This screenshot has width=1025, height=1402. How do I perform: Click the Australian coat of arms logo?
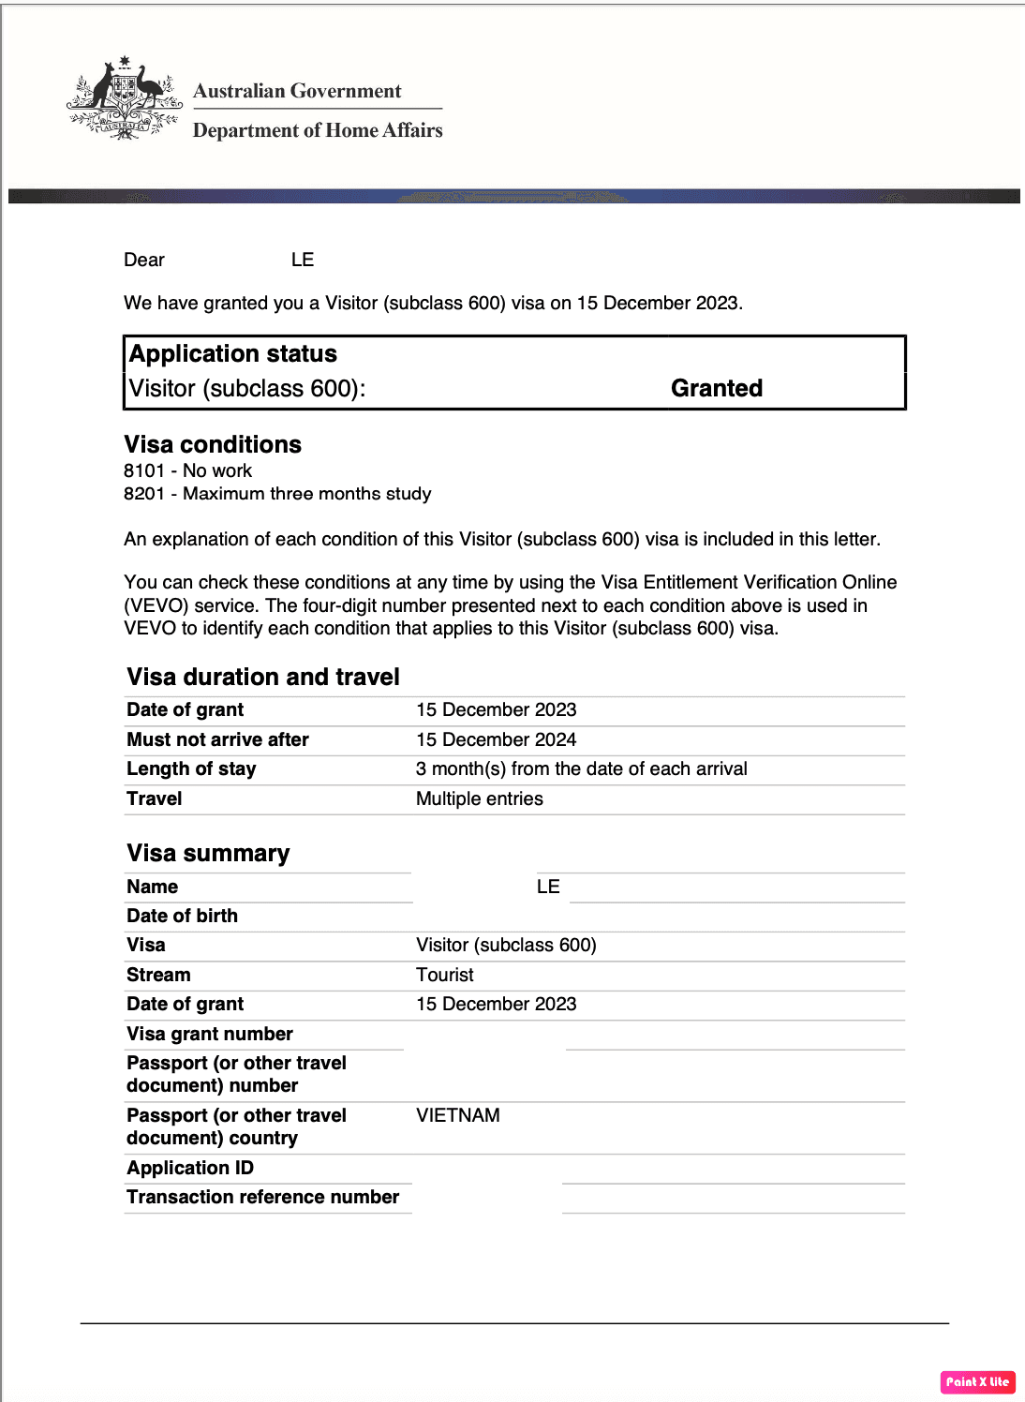click(x=124, y=99)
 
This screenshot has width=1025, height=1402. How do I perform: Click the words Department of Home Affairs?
click(x=318, y=130)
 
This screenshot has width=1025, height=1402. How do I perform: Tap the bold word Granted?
click(x=717, y=388)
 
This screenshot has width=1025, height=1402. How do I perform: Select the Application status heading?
click(x=233, y=353)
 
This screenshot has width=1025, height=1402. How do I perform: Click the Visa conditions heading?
click(x=213, y=444)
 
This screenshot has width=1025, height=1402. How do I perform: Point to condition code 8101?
click(x=144, y=470)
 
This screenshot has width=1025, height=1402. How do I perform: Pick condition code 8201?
click(x=144, y=494)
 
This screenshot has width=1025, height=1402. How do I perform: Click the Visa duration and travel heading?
click(x=263, y=677)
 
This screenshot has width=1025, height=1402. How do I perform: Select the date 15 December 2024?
click(x=496, y=739)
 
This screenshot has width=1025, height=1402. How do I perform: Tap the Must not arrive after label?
click(x=217, y=739)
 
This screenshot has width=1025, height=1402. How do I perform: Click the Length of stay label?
click(x=191, y=768)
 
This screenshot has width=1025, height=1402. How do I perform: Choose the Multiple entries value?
click(x=479, y=798)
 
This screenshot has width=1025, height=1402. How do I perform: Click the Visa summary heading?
click(x=208, y=853)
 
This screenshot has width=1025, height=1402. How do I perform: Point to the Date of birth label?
click(x=182, y=916)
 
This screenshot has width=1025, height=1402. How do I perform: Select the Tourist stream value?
click(x=445, y=975)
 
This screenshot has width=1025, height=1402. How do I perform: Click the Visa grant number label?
click(x=210, y=1034)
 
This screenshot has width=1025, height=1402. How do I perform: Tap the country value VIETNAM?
click(x=458, y=1115)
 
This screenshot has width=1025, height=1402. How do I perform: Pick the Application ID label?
click(x=190, y=1168)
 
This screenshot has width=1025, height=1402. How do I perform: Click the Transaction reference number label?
click(x=262, y=1197)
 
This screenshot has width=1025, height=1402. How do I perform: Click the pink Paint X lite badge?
click(x=977, y=1381)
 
